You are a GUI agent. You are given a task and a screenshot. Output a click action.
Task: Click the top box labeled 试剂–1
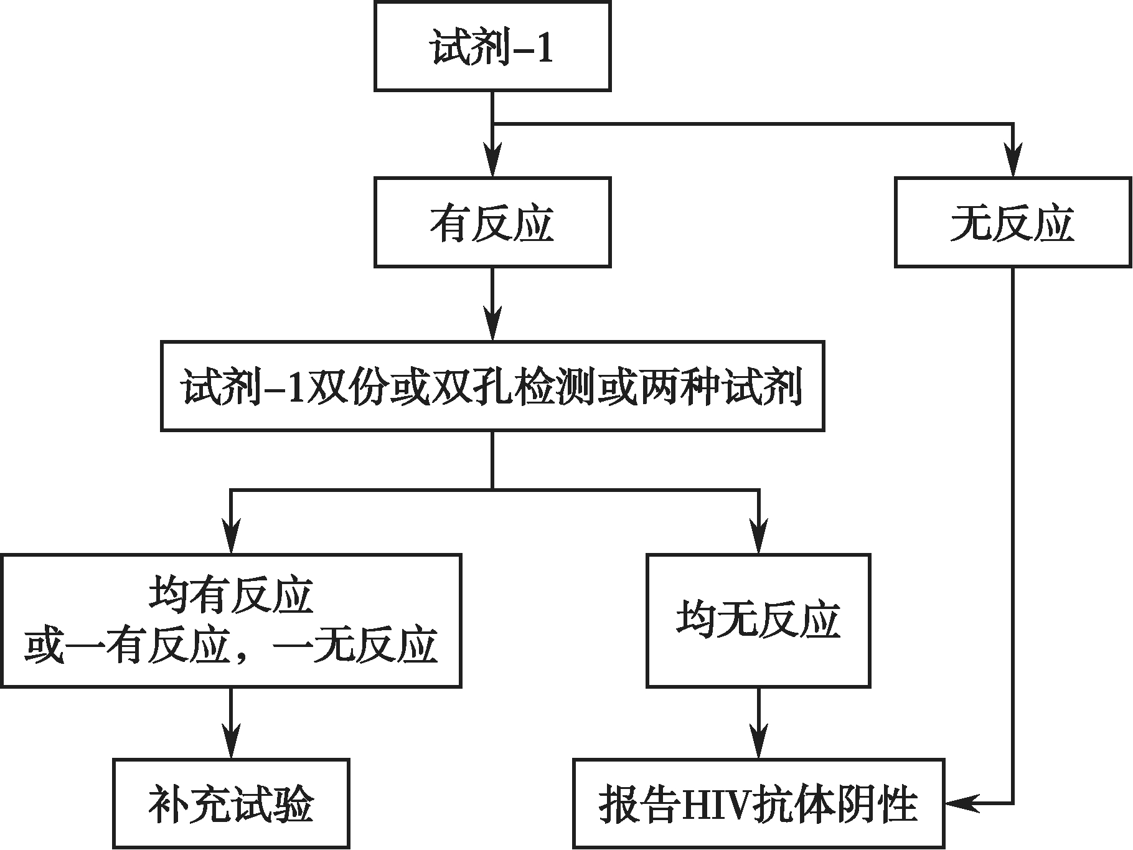[492, 47]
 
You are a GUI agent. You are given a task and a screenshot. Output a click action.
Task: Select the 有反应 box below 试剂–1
[492, 222]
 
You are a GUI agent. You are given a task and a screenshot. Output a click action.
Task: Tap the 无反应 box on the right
[1013, 222]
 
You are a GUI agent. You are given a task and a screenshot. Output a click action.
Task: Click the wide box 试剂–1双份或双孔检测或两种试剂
[492, 386]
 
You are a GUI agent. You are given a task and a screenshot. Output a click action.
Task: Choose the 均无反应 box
[758, 621]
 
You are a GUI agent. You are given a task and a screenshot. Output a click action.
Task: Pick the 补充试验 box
[231, 803]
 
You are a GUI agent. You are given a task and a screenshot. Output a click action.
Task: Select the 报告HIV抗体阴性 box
[758, 803]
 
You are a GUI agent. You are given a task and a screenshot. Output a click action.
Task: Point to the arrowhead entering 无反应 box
[1013, 165]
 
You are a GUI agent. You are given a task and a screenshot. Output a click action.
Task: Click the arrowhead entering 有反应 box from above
[492, 165]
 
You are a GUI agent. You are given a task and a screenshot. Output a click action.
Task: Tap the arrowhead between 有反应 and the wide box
[492, 328]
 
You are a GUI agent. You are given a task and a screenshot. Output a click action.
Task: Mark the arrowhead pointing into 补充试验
[231, 745]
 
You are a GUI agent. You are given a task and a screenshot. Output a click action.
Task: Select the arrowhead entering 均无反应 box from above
[758, 541]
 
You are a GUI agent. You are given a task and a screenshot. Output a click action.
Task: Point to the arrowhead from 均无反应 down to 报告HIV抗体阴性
[758, 745]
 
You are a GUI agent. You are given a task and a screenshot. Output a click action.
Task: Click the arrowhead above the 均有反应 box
[231, 541]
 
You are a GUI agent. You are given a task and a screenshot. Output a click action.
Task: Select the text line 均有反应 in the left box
[231, 596]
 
